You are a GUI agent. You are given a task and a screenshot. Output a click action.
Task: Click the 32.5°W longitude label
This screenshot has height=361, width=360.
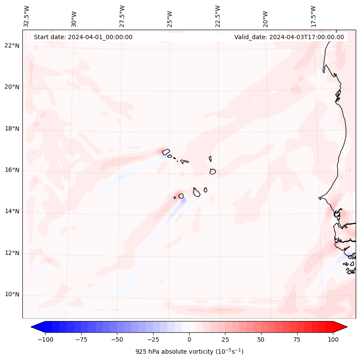tap(27, 16)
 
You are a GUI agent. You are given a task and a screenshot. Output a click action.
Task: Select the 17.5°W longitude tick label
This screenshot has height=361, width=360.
tap(313, 16)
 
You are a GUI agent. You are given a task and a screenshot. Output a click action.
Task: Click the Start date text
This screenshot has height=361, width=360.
tap(83, 37)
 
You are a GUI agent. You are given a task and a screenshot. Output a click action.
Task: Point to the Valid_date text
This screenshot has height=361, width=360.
tap(289, 37)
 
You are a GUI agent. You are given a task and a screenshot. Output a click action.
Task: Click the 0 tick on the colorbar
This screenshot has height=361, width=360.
tap(189, 339)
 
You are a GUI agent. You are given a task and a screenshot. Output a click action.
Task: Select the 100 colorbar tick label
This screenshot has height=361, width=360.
tap(332, 339)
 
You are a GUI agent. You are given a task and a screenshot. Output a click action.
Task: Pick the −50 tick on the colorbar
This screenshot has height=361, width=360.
tap(117, 339)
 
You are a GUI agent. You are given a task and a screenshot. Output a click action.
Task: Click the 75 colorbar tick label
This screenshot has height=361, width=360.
tap(297, 339)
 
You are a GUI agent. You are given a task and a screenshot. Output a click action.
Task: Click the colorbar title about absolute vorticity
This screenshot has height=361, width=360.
tap(189, 352)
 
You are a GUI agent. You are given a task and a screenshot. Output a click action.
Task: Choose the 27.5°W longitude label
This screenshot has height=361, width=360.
tap(122, 16)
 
